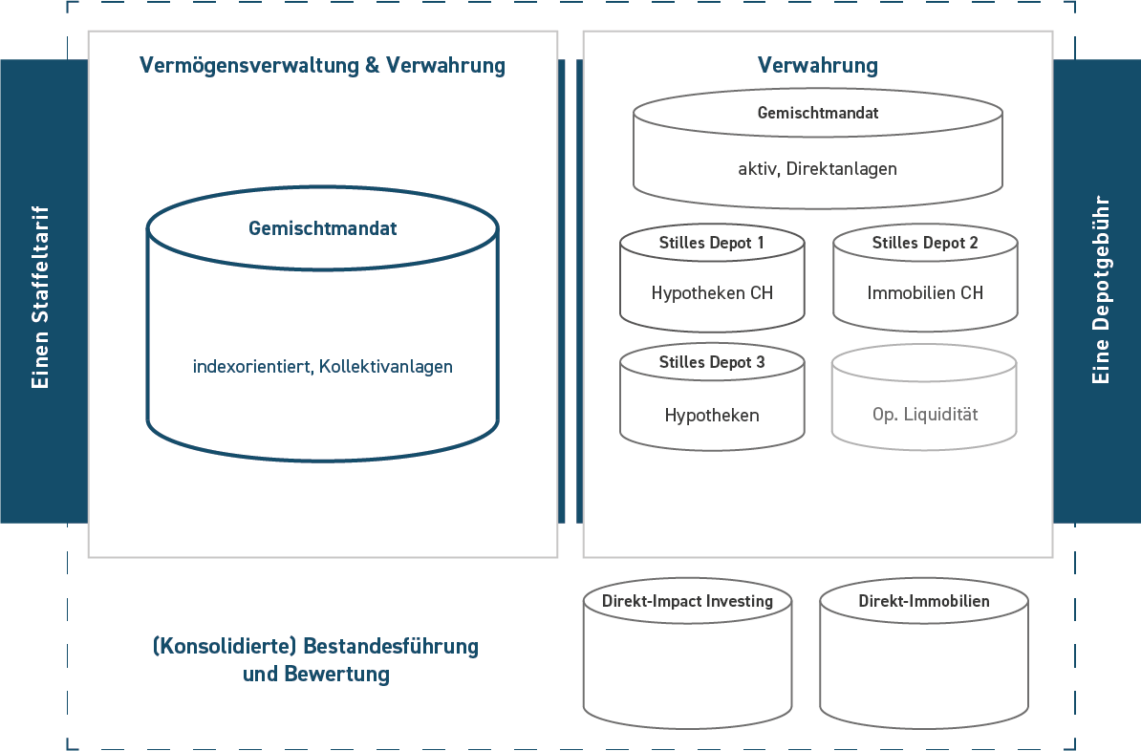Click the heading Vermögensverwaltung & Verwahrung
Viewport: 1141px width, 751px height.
click(322, 66)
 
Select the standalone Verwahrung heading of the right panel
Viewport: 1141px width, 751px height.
click(817, 66)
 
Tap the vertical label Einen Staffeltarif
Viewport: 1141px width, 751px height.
click(40, 296)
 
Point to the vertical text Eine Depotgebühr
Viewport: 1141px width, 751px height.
click(1100, 290)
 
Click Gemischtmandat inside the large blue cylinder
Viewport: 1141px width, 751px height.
click(322, 229)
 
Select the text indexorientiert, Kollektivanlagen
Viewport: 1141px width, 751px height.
click(322, 366)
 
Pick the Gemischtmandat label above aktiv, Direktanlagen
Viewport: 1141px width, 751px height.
click(817, 113)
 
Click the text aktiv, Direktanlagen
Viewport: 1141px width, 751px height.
click(817, 169)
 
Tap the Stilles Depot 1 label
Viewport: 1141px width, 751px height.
click(711, 243)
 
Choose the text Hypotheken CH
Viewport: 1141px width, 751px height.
click(711, 293)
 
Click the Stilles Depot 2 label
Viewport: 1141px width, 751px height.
click(924, 243)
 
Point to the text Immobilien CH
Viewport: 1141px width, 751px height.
click(924, 293)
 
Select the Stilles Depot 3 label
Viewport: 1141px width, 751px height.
click(711, 363)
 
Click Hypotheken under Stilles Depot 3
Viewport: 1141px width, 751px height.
click(711, 416)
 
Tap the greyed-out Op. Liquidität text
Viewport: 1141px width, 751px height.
click(924, 416)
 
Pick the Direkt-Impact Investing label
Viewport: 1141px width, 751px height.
click(687, 602)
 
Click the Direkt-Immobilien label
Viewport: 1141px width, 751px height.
click(923, 602)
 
